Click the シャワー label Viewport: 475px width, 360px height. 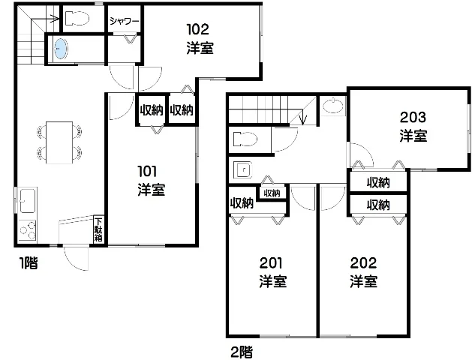click(125, 21)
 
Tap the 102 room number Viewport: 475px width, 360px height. click(198, 29)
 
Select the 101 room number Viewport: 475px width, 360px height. click(147, 172)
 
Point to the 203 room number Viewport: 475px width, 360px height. click(413, 117)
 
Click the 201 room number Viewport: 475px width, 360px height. click(271, 263)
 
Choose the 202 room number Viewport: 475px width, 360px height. click(363, 263)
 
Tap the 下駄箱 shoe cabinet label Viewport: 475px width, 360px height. click(98, 229)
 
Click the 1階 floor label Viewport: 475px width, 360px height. click(29, 263)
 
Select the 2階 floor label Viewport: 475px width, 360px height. click(242, 352)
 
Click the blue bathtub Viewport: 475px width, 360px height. click(61, 49)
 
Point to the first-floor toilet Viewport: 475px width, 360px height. click(77, 18)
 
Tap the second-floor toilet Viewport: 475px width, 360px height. click(245, 139)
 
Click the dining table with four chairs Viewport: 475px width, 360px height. click(59, 142)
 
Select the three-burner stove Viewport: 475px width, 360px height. click(28, 231)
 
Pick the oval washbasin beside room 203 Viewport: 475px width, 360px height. click(333, 106)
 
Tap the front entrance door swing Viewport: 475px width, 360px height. click(77, 259)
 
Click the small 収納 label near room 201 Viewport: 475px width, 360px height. click(272, 193)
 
